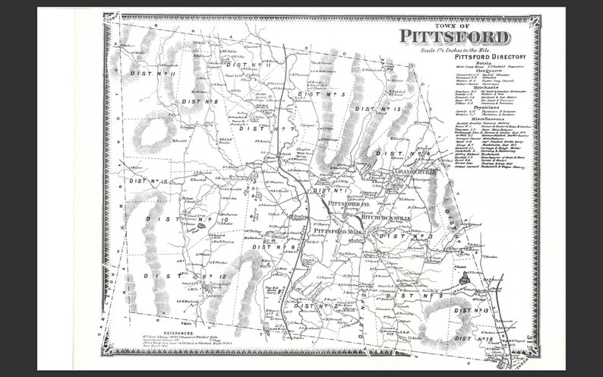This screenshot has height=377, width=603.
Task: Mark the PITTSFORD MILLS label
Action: point(338,230)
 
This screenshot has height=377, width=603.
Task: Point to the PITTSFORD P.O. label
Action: point(349,204)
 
